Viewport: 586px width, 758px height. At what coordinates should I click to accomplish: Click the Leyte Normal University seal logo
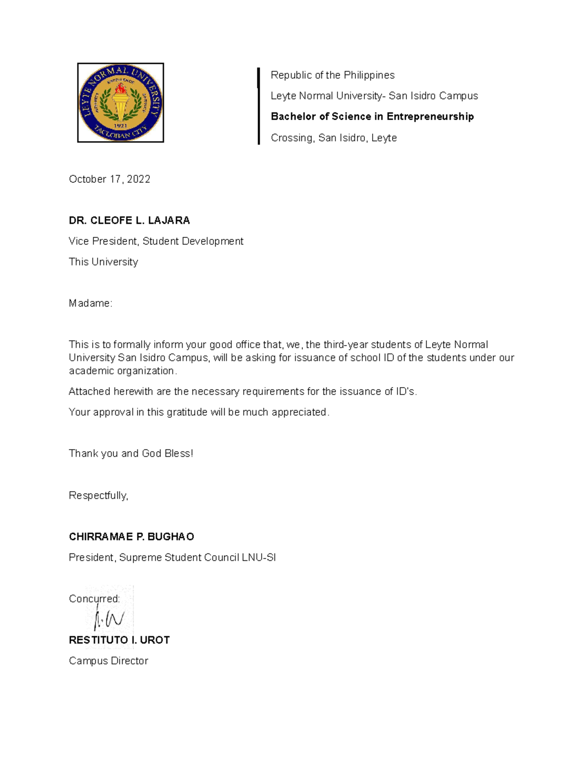click(x=121, y=103)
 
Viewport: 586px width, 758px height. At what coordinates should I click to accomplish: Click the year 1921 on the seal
click(x=121, y=125)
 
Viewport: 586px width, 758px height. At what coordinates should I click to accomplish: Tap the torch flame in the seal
click(x=120, y=90)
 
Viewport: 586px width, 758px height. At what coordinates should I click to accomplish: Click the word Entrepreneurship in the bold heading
click(x=430, y=117)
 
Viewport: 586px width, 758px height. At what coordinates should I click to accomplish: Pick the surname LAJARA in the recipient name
click(x=169, y=221)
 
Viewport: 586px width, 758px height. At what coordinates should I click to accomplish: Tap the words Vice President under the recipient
click(x=103, y=241)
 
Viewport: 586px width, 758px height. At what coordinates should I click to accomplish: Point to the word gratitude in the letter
click(x=187, y=412)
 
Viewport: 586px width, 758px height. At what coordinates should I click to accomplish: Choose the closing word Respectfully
click(x=98, y=496)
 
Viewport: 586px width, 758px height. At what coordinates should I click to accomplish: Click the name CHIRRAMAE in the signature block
click(x=100, y=537)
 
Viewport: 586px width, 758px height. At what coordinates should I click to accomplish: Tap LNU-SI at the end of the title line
click(x=259, y=557)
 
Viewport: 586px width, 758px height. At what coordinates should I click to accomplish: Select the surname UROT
click(x=155, y=640)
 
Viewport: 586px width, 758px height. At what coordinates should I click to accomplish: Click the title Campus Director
click(x=108, y=661)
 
